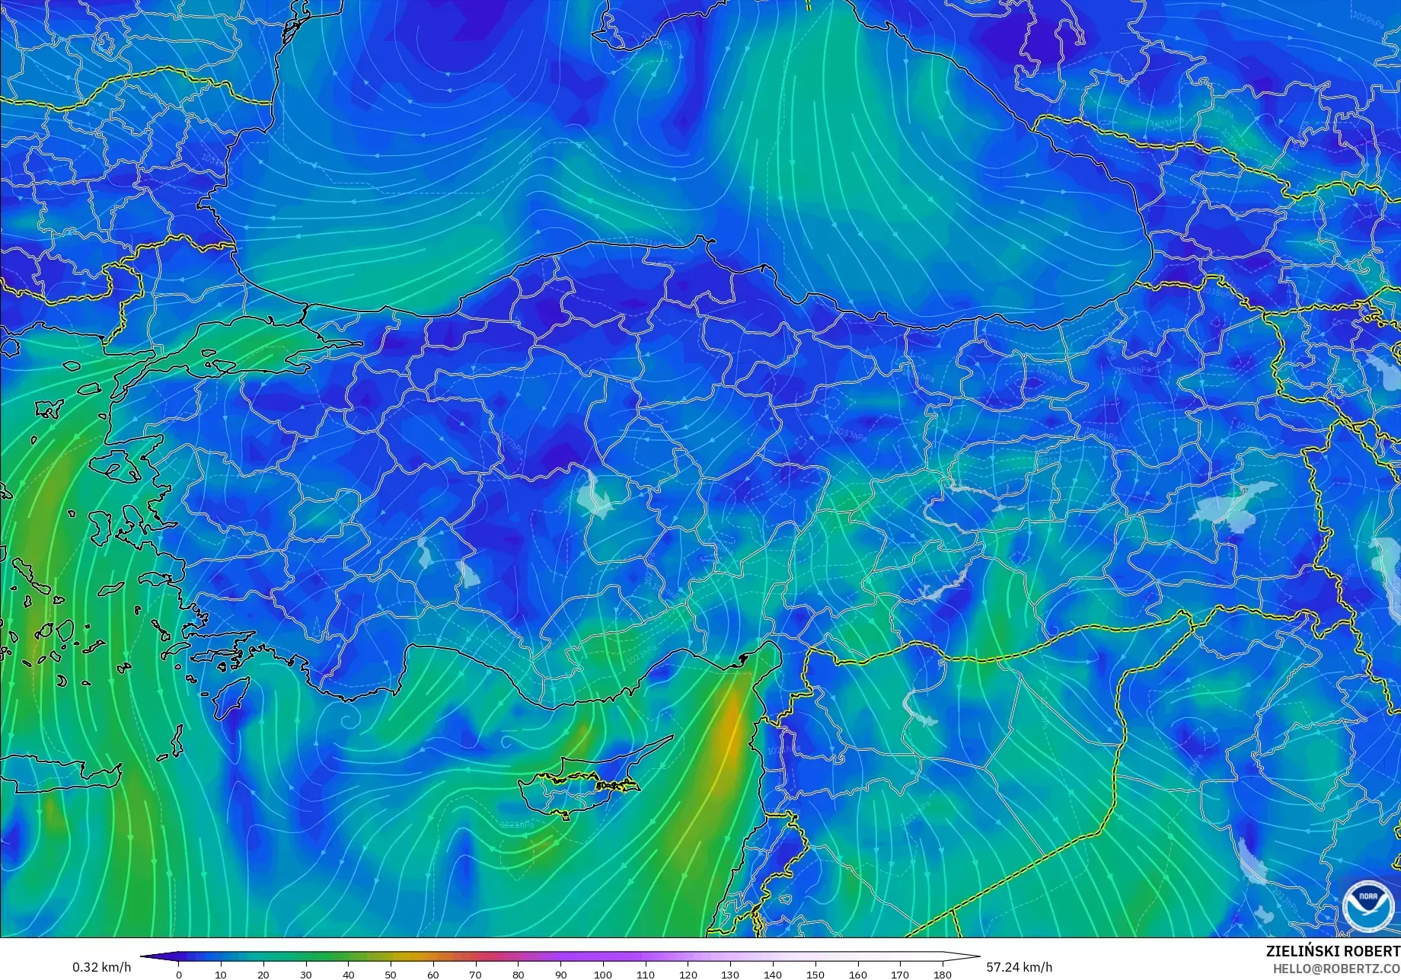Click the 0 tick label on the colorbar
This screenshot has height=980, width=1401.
[179, 974]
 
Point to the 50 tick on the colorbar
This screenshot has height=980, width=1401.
[391, 974]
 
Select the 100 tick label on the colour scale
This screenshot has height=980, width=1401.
[603, 974]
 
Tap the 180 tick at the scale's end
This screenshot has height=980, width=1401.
[943, 974]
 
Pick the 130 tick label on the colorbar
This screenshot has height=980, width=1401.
[730, 974]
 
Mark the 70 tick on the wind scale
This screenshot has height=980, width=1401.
[476, 974]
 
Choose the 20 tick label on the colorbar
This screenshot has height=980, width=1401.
[263, 974]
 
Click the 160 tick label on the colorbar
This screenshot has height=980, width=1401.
[857, 974]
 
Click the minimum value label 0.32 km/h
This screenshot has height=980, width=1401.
[102, 967]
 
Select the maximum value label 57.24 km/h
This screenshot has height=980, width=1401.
[1020, 967]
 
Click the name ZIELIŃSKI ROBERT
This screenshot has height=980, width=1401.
[1332, 951]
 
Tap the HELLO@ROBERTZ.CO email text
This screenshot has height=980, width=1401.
[1336, 968]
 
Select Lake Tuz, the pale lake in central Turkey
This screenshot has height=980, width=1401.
[595, 495]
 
